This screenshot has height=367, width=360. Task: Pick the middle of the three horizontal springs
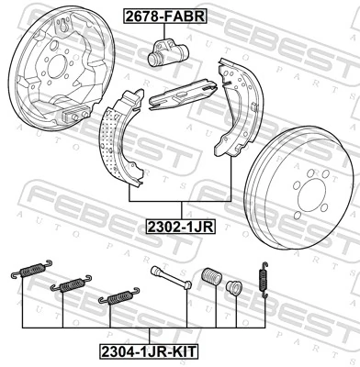(x=70, y=284)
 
